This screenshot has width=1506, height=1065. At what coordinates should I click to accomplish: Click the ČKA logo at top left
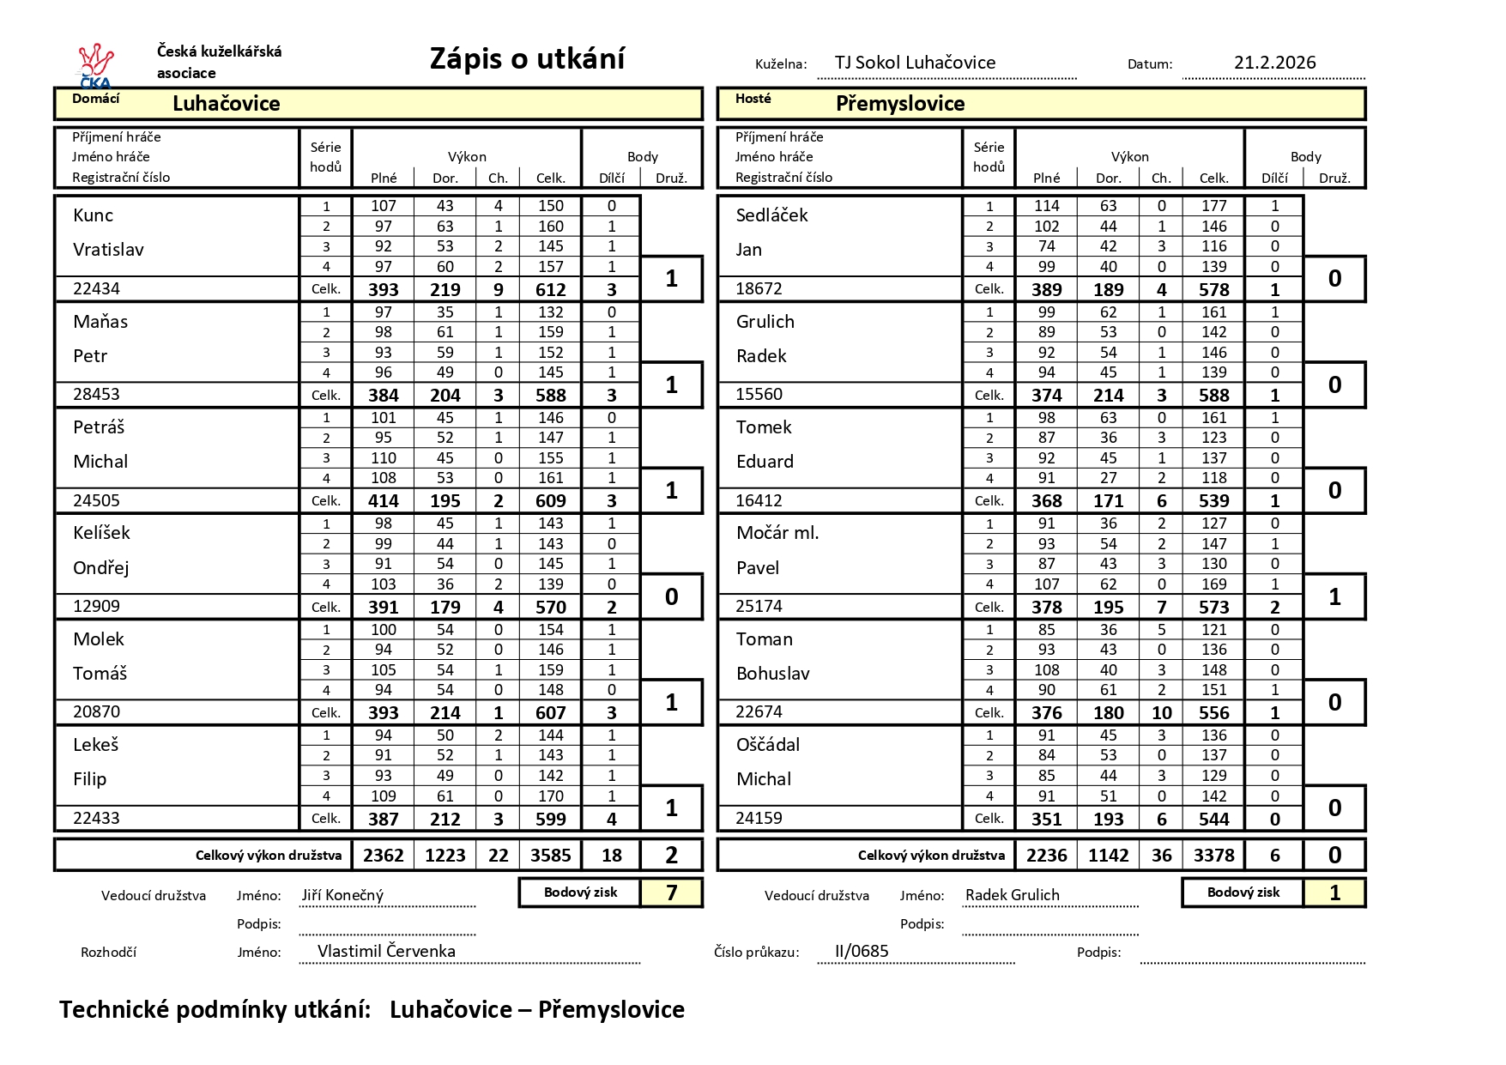(x=95, y=65)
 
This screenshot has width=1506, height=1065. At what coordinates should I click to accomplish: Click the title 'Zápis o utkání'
(x=527, y=59)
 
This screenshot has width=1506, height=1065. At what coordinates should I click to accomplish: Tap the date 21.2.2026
(x=1274, y=63)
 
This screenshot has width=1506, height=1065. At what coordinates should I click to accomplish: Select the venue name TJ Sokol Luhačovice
(x=915, y=63)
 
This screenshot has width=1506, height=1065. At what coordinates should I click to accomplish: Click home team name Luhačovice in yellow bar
(x=227, y=104)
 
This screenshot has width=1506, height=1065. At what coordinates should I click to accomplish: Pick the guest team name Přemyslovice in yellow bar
(x=900, y=104)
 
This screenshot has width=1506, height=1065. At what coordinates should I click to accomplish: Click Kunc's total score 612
(x=550, y=290)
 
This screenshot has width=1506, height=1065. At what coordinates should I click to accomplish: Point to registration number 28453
(x=96, y=395)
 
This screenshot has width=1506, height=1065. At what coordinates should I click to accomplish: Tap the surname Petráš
(x=99, y=427)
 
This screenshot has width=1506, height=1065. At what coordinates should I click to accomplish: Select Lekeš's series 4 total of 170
(x=550, y=796)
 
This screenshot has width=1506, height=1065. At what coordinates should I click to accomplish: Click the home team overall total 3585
(x=550, y=856)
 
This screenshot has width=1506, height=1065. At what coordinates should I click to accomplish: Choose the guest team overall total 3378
(x=1213, y=856)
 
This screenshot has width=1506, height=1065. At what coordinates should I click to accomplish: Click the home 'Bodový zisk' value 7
(x=671, y=893)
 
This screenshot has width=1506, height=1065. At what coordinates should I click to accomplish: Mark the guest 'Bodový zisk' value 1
(x=1334, y=893)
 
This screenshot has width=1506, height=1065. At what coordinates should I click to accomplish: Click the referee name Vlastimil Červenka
(x=386, y=951)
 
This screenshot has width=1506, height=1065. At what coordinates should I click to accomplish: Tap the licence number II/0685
(x=862, y=951)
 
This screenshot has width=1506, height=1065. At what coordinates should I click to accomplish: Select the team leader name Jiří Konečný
(x=342, y=895)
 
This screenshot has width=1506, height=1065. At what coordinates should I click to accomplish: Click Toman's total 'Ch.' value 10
(x=1161, y=713)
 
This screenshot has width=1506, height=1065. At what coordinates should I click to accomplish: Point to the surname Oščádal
(x=768, y=745)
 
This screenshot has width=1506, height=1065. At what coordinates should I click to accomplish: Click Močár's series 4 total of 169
(x=1213, y=584)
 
